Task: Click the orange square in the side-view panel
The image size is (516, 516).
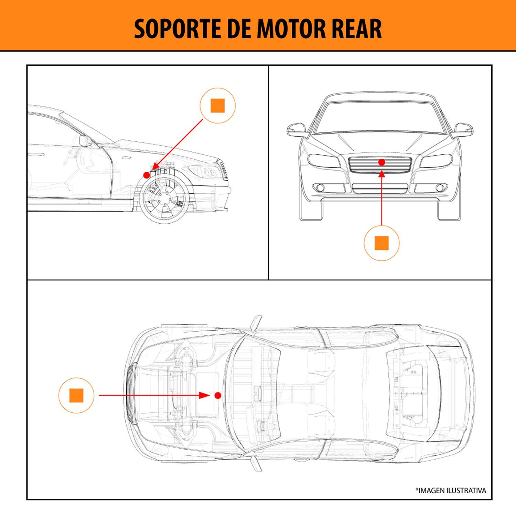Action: (217, 106)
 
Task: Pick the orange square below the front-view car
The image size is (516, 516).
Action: (381, 243)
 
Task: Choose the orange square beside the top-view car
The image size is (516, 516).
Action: (76, 396)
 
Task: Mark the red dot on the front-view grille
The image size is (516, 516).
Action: (381, 162)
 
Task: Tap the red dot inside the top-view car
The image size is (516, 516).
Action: (217, 396)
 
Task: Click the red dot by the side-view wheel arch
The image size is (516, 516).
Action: (147, 175)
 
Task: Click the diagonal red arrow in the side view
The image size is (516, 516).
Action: (177, 144)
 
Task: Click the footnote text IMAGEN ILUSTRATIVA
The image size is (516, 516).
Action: (451, 491)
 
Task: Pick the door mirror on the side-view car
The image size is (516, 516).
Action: (84, 140)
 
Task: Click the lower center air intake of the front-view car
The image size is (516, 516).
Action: (380, 189)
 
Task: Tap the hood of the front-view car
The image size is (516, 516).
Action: (380, 143)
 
